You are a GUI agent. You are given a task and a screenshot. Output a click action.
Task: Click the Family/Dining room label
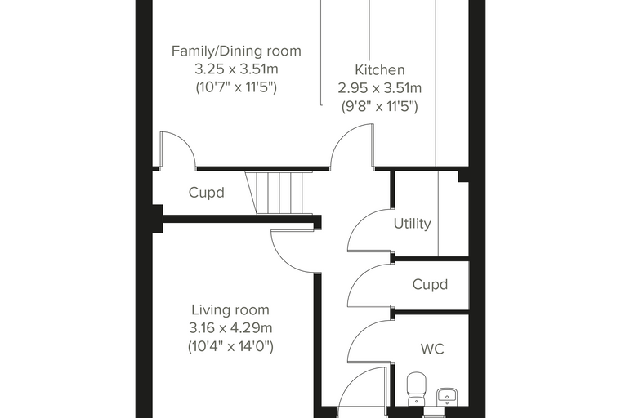click(x=236, y=51)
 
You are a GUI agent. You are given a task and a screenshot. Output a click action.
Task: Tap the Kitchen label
click(x=379, y=70)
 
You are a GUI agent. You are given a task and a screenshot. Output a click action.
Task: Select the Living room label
click(x=230, y=310)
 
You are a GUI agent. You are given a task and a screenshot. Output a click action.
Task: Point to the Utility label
click(x=413, y=224)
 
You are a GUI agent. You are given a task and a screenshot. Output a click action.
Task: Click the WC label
click(x=432, y=349)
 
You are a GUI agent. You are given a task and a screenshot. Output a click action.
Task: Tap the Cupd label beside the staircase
click(x=207, y=193)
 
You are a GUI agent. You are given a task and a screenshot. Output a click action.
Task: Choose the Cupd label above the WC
click(x=430, y=285)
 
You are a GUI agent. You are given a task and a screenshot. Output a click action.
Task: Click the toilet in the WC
click(x=416, y=389)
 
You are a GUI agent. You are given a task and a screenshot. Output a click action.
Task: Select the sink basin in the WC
click(x=447, y=397)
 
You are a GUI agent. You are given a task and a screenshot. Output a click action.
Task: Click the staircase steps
click(x=279, y=193)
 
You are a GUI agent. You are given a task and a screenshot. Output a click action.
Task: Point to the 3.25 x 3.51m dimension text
click(x=236, y=69)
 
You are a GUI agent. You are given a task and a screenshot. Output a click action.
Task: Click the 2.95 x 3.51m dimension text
click(x=379, y=88)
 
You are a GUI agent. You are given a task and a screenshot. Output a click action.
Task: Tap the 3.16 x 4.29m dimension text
click(x=230, y=328)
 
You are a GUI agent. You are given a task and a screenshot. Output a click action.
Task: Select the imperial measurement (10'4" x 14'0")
click(x=230, y=347)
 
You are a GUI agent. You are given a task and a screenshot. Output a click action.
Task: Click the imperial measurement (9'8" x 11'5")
click(x=379, y=106)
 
